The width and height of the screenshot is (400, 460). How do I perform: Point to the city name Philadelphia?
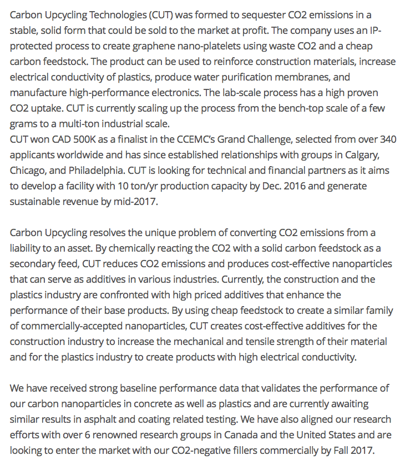(100, 169)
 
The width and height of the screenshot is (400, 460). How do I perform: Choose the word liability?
(27, 247)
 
